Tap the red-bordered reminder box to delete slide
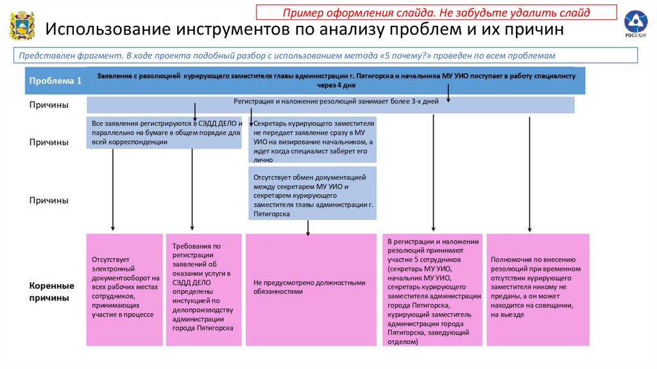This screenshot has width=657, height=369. (x=436, y=13)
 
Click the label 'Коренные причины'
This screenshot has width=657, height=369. (x=52, y=292)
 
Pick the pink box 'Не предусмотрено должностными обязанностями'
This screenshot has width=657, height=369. (x=310, y=289)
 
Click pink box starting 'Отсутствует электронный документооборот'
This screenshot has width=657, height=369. (x=124, y=289)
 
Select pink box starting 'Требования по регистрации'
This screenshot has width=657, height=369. (x=203, y=289)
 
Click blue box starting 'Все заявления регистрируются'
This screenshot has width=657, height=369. (x=166, y=133)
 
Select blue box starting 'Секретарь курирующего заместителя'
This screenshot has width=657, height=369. (x=313, y=139)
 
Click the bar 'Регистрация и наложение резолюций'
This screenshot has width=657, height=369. (x=330, y=104)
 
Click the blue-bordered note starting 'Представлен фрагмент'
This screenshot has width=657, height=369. (x=327, y=55)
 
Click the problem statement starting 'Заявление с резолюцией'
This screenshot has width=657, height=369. (x=336, y=80)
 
